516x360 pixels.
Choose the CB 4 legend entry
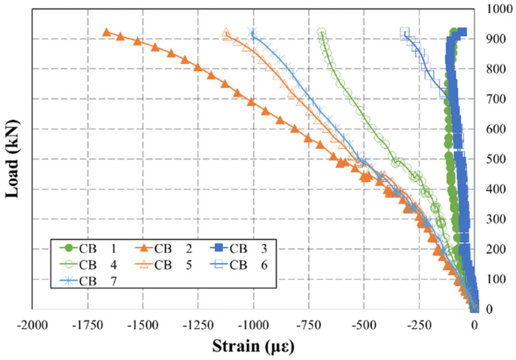(90, 264)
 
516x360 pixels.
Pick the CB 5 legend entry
(166, 264)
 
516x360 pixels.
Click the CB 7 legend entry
(90, 281)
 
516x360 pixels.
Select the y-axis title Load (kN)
(12, 158)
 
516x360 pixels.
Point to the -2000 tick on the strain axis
(31, 325)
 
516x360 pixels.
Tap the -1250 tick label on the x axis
(197, 325)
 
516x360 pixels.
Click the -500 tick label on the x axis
(363, 325)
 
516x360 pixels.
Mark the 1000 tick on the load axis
(494, 9)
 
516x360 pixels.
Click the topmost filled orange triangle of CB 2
(106, 32)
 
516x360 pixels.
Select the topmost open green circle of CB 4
(322, 32)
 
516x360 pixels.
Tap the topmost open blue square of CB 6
(405, 32)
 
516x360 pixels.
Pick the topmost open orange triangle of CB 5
(226, 33)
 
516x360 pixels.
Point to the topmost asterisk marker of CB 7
(252, 32)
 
